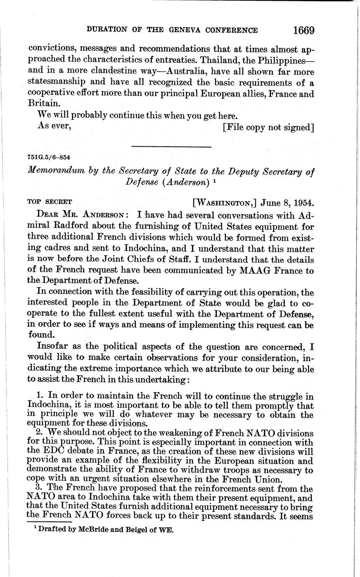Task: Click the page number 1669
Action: coord(303,31)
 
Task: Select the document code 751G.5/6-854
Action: coord(49,158)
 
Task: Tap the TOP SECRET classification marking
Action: coord(50,202)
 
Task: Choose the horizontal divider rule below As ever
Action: coord(171,146)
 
